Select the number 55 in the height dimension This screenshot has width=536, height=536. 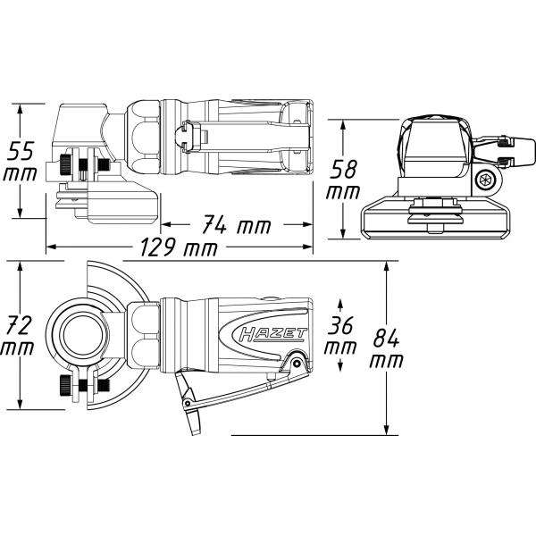(19, 148)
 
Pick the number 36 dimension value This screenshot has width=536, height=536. (340, 322)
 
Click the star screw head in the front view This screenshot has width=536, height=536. (487, 180)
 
